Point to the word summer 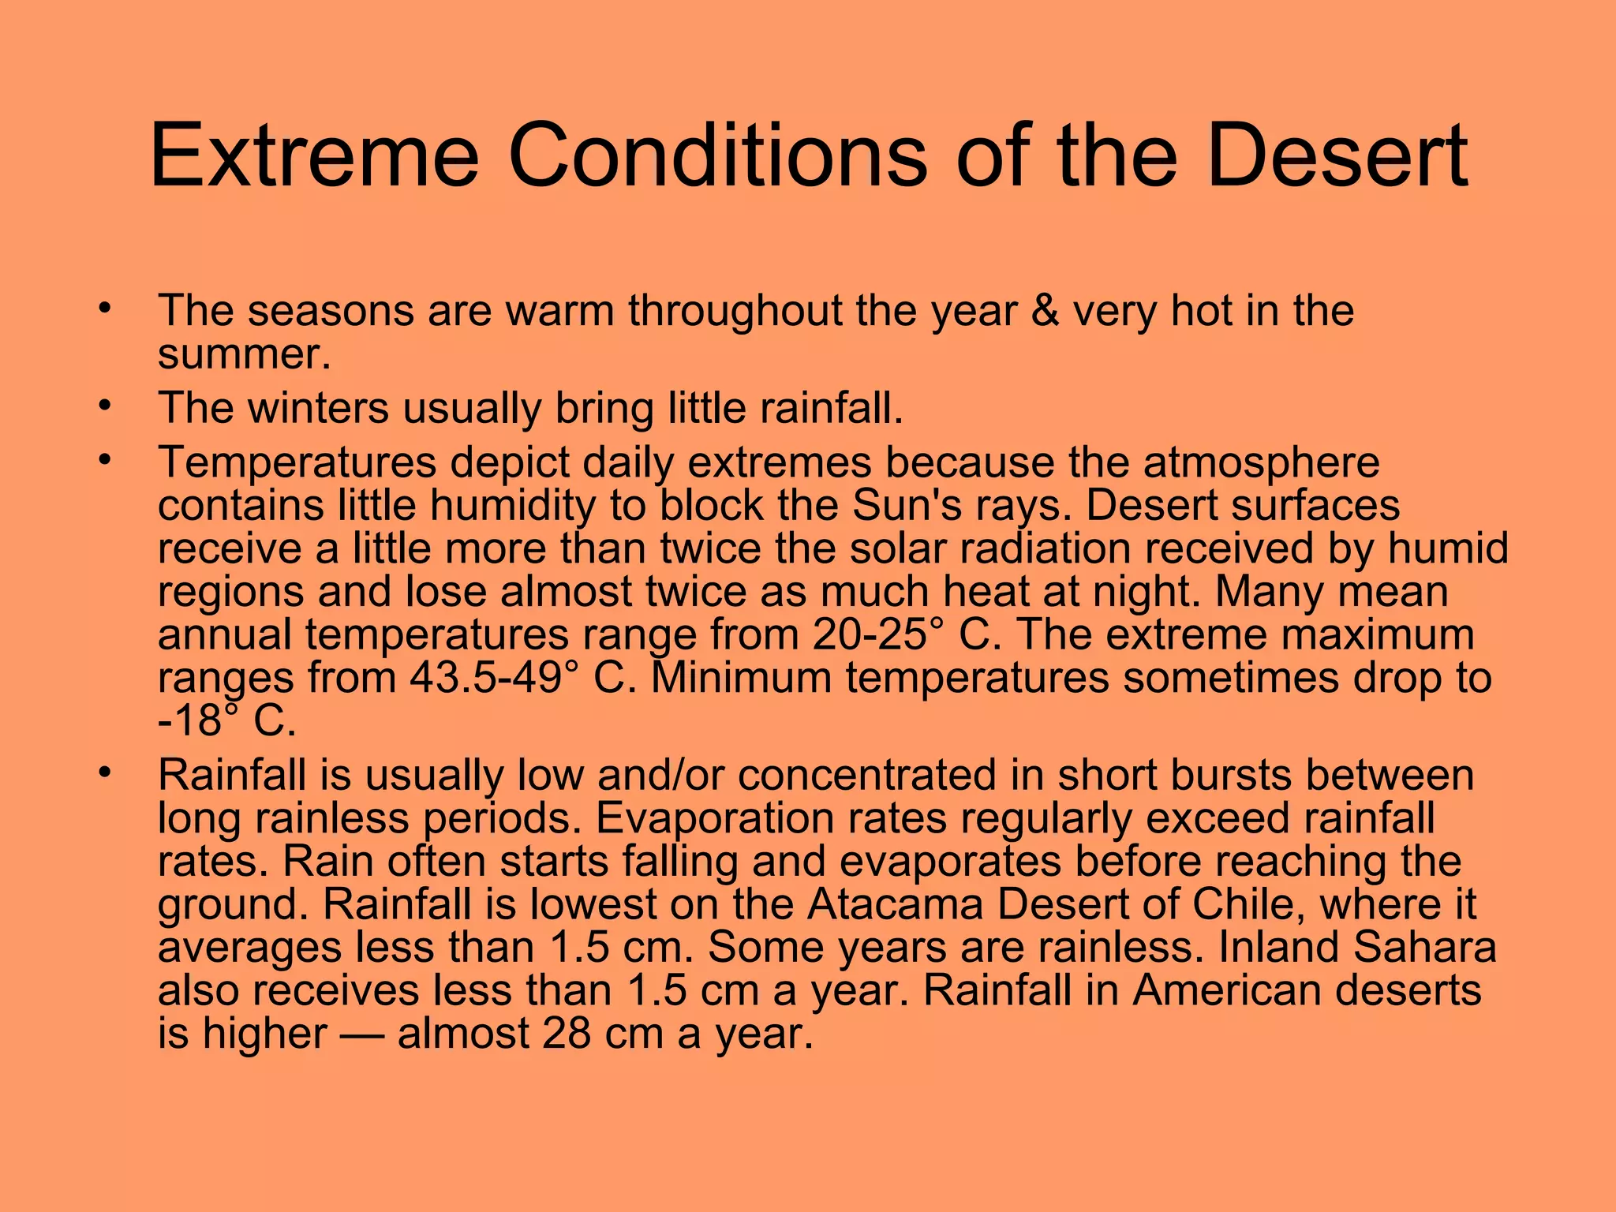(x=244, y=354)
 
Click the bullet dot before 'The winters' (x=103, y=406)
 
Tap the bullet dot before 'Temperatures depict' (x=103, y=460)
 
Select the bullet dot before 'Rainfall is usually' (x=103, y=772)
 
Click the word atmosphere (x=1261, y=462)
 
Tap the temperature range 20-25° (x=878, y=634)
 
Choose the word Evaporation (x=714, y=818)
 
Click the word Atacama (x=895, y=904)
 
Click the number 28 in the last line (x=566, y=1034)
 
